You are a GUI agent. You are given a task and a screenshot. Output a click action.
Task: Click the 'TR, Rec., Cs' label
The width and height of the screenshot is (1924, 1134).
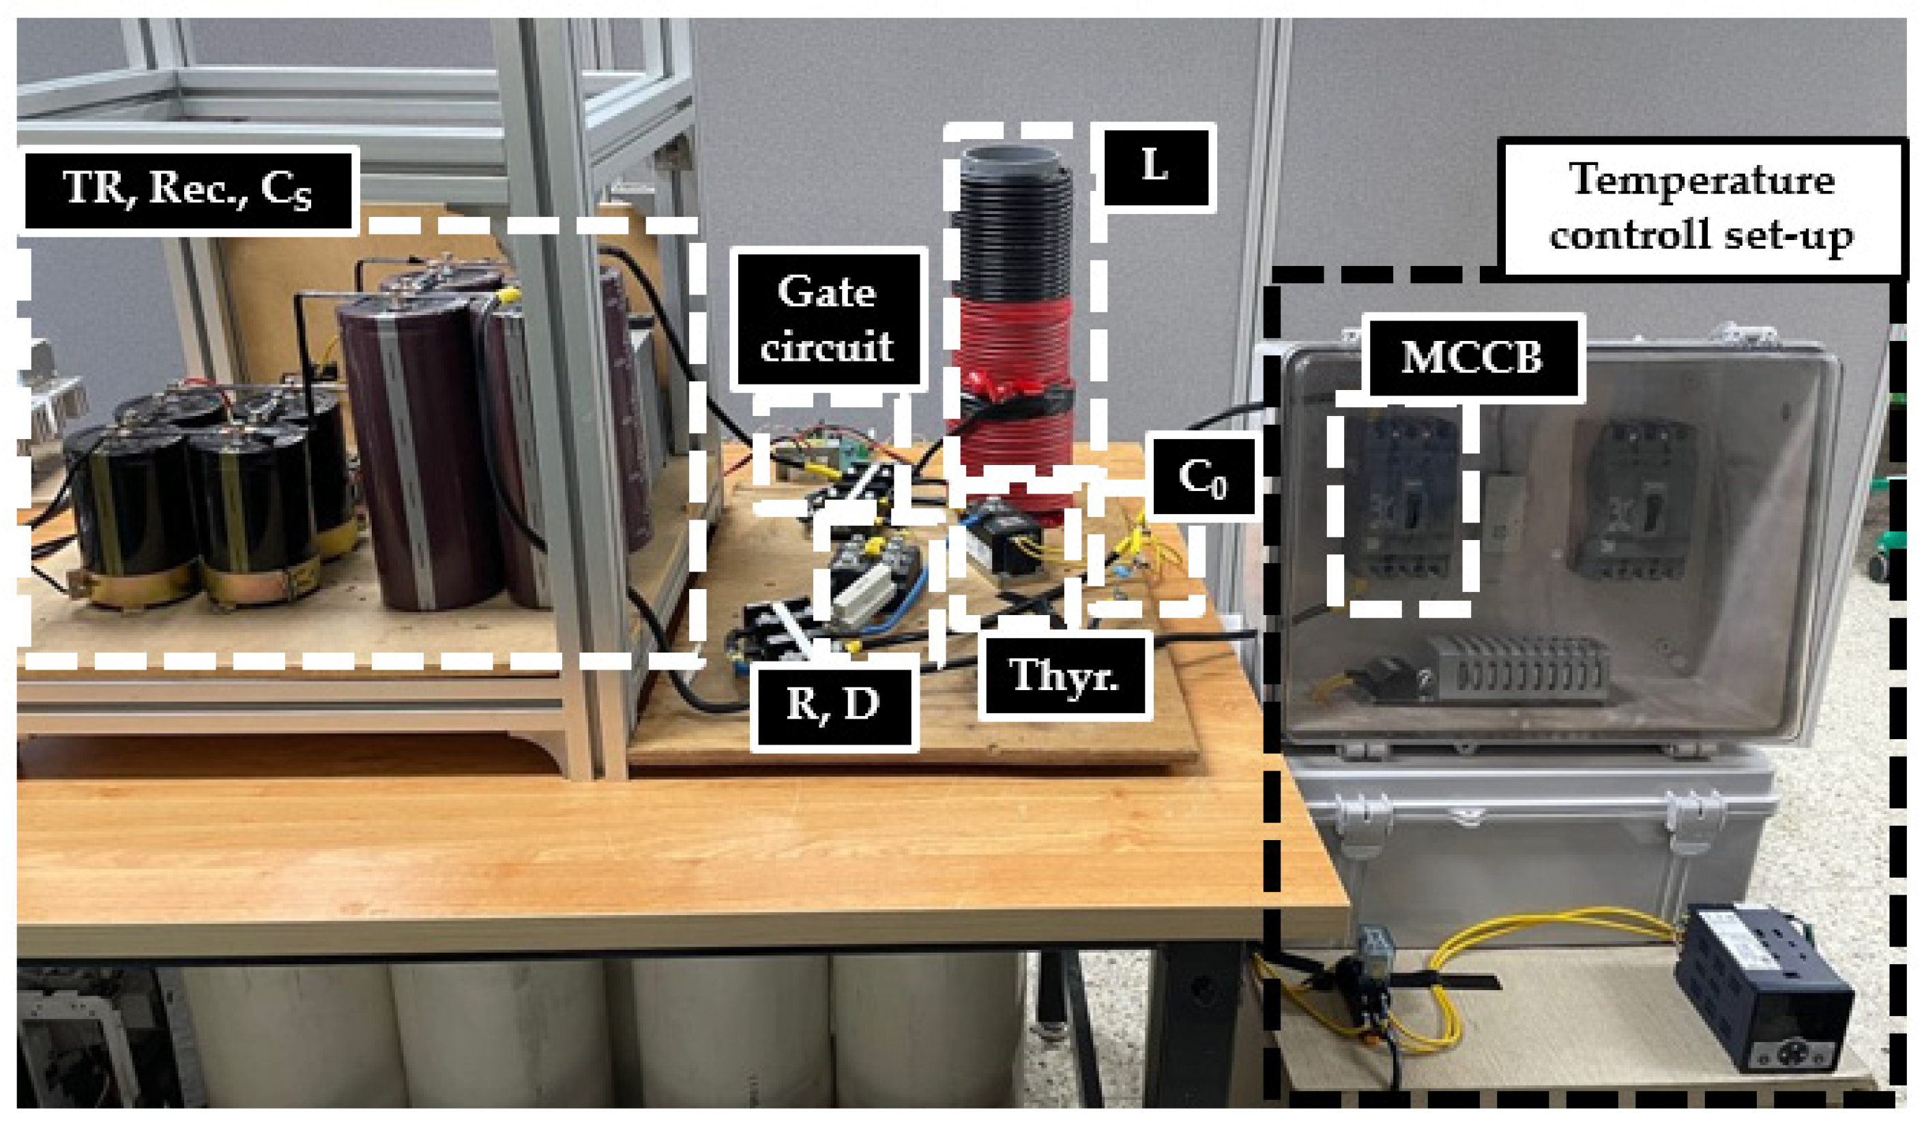(x=189, y=189)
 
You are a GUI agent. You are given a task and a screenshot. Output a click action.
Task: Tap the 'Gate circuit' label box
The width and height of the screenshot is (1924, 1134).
(x=828, y=319)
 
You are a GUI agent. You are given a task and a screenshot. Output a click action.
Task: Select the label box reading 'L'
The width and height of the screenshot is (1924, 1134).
(x=1156, y=167)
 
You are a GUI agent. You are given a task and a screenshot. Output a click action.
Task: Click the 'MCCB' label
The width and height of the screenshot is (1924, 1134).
(x=1472, y=357)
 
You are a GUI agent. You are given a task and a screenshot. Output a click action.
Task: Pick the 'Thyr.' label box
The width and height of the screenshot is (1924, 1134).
(x=1064, y=676)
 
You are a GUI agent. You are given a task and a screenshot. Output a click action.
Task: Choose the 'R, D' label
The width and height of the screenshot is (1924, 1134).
(x=833, y=703)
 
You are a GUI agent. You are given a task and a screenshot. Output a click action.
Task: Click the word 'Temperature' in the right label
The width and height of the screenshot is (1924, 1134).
(x=1702, y=180)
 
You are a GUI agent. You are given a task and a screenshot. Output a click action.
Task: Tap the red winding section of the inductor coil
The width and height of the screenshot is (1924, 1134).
(x=1010, y=336)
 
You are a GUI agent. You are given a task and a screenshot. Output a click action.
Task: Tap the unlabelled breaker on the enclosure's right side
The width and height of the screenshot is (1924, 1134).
(x=1636, y=501)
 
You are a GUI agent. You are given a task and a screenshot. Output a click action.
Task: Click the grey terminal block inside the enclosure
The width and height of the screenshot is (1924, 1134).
(x=1521, y=669)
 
